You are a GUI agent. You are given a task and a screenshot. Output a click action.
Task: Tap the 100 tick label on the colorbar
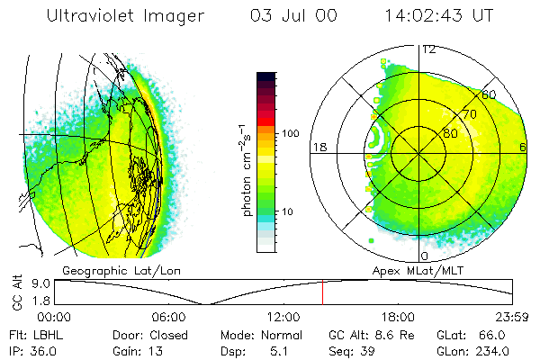(291, 133)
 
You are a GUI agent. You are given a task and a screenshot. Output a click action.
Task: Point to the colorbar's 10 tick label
(289, 211)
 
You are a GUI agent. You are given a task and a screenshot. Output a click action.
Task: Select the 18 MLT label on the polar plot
(319, 147)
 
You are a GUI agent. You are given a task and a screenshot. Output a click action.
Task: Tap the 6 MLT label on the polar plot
(523, 147)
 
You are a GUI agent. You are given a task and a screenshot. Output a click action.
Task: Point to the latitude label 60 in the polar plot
(489, 94)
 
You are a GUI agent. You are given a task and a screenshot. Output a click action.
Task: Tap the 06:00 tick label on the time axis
(168, 317)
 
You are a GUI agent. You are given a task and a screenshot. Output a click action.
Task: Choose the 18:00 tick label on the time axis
(398, 317)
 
